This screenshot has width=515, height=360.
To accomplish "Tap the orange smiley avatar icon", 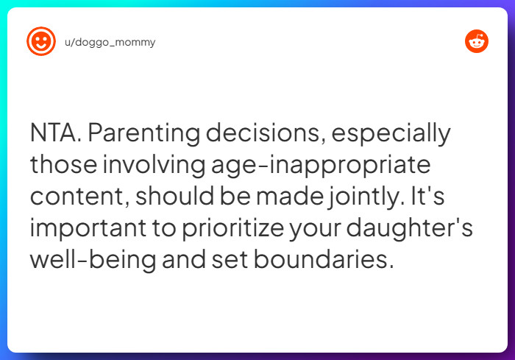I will (x=40, y=41).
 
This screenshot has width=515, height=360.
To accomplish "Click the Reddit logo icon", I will (x=477, y=41).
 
